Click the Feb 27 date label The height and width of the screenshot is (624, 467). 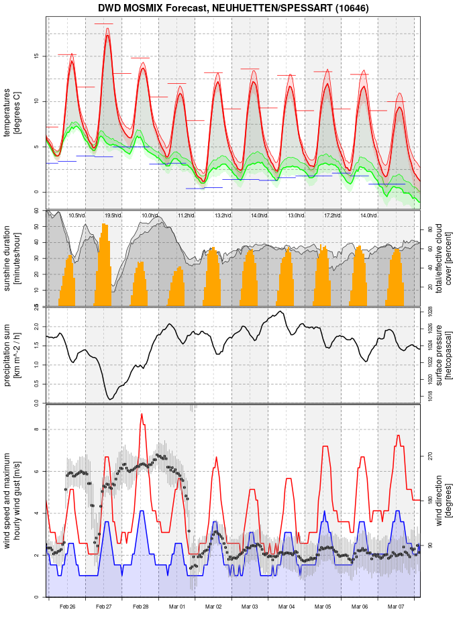(104, 607)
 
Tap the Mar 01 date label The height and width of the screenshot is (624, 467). (177, 607)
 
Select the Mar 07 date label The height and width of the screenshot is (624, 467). (396, 607)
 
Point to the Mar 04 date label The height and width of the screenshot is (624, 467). (287, 607)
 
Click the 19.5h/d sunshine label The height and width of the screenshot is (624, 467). (113, 215)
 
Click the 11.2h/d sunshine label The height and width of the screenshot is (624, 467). (186, 215)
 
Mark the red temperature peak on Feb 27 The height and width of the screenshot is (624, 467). (107, 37)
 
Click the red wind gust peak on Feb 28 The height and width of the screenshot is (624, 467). (142, 415)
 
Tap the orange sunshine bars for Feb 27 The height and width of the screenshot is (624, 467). (104, 268)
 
